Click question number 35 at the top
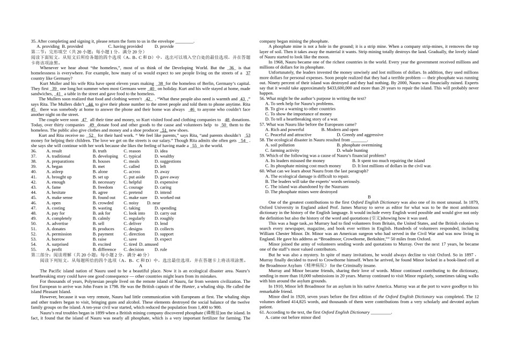[33, 41]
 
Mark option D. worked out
[167, 197]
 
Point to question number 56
[263, 99]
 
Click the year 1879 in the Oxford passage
[472, 202]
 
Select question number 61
[263, 312]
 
